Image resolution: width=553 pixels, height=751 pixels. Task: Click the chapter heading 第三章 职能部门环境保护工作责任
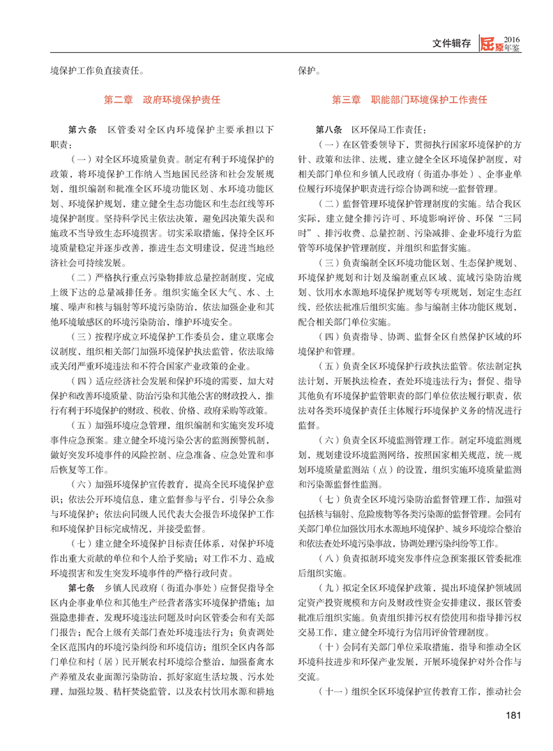(x=409, y=100)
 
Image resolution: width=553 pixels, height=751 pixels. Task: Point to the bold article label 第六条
(x=81, y=130)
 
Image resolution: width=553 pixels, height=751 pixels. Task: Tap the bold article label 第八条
(x=329, y=130)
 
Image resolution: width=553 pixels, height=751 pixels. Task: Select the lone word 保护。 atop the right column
(x=310, y=70)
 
